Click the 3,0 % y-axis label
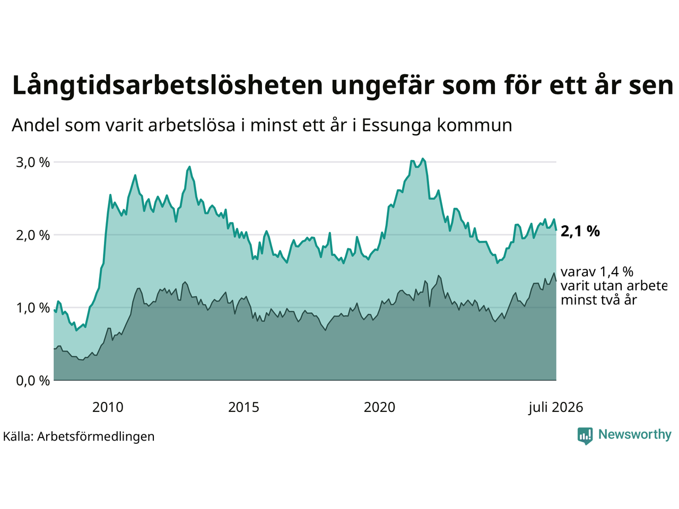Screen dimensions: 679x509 click(x=33, y=163)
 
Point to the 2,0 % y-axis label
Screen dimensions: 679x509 click(x=33, y=235)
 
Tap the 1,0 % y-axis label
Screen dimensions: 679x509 click(x=33, y=308)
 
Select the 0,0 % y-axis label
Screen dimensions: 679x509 click(x=33, y=381)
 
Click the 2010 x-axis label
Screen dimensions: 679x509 click(x=108, y=408)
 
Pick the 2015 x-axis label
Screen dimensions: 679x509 click(x=243, y=408)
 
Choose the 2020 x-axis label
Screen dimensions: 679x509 click(x=379, y=408)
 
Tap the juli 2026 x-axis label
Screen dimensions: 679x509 click(x=555, y=408)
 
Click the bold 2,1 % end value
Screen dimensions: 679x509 click(x=580, y=232)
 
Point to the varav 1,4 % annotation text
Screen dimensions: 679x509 click(x=597, y=272)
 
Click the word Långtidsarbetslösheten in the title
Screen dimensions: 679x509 click(x=168, y=86)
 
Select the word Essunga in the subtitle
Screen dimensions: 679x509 click(x=396, y=126)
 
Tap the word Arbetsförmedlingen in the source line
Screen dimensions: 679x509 click(x=96, y=437)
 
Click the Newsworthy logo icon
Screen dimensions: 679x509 click(x=585, y=436)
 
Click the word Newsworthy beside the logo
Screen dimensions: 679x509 click(x=635, y=435)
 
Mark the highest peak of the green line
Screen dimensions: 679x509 click(x=423, y=159)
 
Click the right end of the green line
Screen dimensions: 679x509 click(x=556, y=230)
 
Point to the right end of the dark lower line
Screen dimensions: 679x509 click(x=556, y=280)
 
